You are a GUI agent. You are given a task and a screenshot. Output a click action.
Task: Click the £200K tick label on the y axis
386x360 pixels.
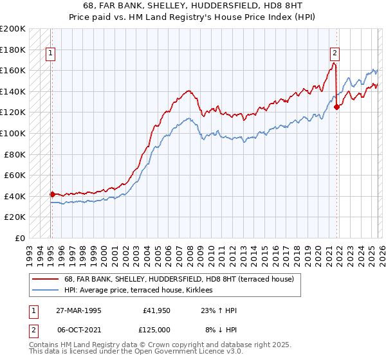coord(13,29)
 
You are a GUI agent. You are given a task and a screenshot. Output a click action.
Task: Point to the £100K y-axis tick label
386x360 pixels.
coord(13,133)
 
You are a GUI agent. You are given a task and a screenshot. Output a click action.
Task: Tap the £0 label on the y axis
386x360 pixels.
coord(19,238)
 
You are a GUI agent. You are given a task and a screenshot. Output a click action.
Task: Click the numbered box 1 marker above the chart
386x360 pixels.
coord(51,54)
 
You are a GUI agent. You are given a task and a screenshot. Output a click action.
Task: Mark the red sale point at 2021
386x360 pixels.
coord(337,107)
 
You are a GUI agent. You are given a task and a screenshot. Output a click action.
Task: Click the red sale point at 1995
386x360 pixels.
coord(52,194)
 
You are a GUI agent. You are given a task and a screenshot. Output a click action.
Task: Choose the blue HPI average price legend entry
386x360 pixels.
coord(143,291)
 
